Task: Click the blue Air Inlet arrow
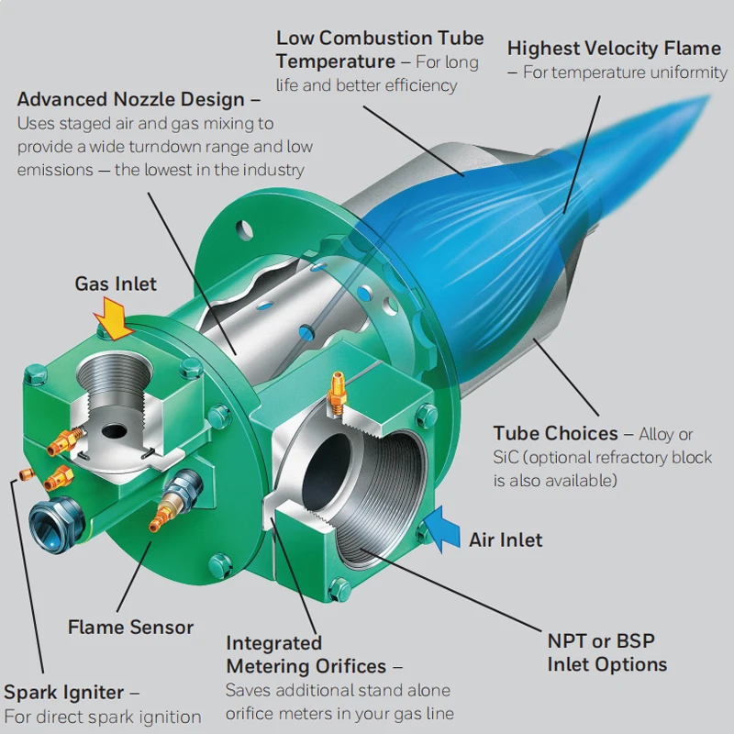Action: point(442,529)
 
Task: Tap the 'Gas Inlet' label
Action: point(116,284)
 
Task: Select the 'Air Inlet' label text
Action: point(506,539)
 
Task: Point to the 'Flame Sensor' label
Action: point(130,628)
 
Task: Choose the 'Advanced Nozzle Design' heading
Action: point(131,99)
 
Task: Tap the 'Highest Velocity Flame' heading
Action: point(614,48)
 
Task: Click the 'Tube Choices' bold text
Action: point(555,433)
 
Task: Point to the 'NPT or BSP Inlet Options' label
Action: point(606,652)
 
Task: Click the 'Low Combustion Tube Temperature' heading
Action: point(379,50)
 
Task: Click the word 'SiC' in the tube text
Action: point(506,457)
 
